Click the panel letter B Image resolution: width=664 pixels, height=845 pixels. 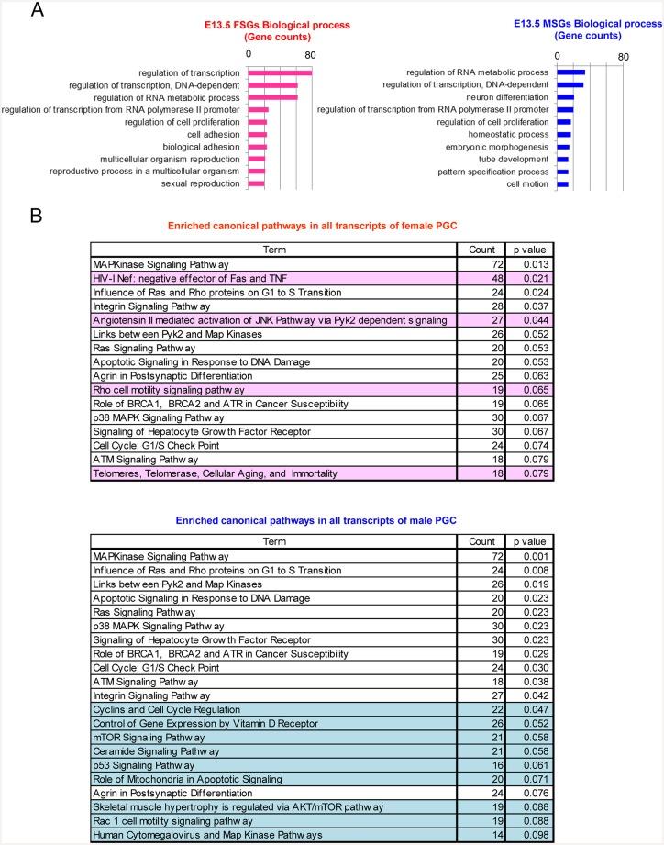pyautogui.click(x=36, y=217)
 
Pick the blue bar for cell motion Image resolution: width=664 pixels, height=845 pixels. pyautogui.click(x=562, y=183)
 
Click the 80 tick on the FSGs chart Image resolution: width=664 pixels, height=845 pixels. pyautogui.click(x=313, y=54)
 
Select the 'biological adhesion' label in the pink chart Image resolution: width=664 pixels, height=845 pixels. pyautogui.click(x=202, y=147)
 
